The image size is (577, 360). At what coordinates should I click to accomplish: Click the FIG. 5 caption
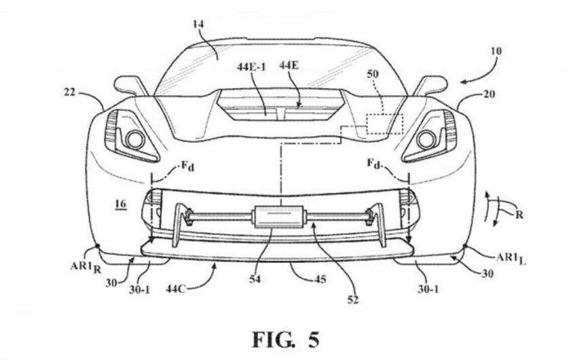[x=286, y=340]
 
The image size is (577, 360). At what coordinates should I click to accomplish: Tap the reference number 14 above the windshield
[x=198, y=24]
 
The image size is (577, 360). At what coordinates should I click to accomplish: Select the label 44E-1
[x=252, y=67]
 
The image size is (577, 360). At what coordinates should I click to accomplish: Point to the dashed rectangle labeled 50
[x=384, y=124]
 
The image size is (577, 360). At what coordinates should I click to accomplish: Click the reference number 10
[x=496, y=51]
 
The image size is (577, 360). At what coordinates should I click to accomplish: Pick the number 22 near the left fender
[x=69, y=92]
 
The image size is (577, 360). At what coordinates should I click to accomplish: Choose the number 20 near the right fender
[x=489, y=94]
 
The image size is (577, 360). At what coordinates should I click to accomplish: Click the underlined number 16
[x=120, y=204]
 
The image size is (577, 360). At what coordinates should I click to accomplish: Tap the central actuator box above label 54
[x=278, y=217]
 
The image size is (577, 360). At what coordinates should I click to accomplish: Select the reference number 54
[x=255, y=279]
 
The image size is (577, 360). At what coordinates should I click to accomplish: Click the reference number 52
[x=352, y=300]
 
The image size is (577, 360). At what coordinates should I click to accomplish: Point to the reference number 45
[x=320, y=280]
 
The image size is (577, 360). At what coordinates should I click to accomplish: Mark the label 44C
[x=176, y=289]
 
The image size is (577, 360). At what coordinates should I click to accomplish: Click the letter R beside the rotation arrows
[x=519, y=214]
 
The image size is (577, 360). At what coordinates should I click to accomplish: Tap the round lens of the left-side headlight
[x=134, y=139]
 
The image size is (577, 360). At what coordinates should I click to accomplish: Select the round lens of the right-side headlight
[x=426, y=139]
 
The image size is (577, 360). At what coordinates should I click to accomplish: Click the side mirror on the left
[x=130, y=86]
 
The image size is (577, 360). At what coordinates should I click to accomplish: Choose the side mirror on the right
[x=430, y=86]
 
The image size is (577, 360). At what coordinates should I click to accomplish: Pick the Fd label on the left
[x=187, y=166]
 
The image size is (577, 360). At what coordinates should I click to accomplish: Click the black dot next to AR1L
[x=465, y=246]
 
